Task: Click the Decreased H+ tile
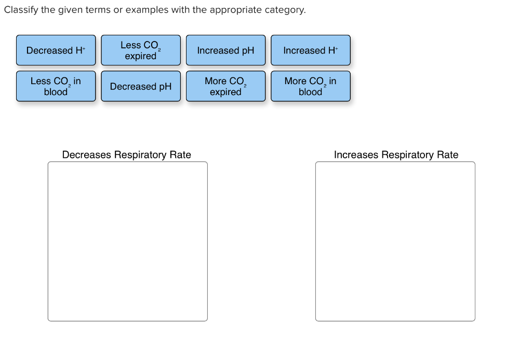(56, 50)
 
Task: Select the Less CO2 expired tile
(141, 50)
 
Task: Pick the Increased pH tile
(225, 50)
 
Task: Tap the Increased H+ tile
(311, 50)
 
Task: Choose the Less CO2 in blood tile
(56, 86)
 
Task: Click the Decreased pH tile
(141, 86)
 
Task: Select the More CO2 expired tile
(225, 86)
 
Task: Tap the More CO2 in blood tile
(311, 86)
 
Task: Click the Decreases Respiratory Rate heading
(127, 155)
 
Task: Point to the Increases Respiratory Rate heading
(396, 155)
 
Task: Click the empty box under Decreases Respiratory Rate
(128, 242)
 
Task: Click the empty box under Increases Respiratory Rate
(395, 242)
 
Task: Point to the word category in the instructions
(285, 10)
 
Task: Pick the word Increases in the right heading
(356, 155)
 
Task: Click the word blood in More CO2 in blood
(310, 92)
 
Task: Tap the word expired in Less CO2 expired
(140, 56)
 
